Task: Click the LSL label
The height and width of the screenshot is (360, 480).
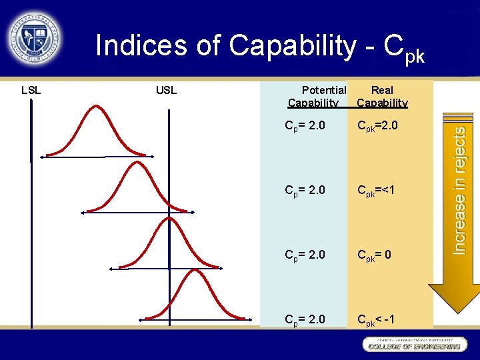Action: tap(31, 90)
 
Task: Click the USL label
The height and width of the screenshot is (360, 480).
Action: tap(166, 90)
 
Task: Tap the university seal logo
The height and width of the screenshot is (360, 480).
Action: tap(35, 37)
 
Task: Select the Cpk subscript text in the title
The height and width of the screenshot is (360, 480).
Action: tap(414, 56)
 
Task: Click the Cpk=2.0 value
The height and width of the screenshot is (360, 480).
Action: tap(379, 125)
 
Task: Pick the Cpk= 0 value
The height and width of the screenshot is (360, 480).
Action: tap(375, 254)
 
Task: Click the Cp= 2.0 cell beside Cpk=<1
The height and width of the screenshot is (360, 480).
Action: tap(305, 190)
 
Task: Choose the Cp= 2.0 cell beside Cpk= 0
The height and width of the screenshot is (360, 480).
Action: tap(305, 254)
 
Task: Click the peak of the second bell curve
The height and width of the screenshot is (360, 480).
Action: tap(137, 164)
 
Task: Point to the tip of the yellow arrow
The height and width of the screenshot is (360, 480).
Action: tap(454, 312)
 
